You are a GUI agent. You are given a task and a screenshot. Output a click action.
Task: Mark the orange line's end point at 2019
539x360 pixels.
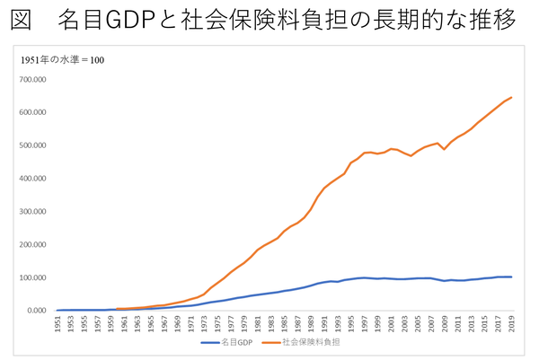[x=511, y=97]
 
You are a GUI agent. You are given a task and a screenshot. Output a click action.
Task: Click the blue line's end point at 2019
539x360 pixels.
[x=511, y=277]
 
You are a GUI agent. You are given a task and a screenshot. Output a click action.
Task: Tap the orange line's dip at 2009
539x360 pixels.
[x=445, y=149]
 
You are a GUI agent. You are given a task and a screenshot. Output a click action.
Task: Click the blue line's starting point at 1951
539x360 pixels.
[x=58, y=311]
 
